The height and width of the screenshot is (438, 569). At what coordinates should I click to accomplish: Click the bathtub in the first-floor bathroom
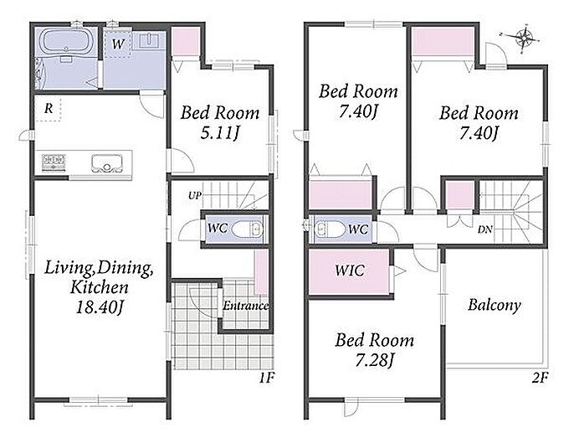(66, 42)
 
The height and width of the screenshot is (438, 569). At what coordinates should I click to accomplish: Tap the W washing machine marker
(118, 44)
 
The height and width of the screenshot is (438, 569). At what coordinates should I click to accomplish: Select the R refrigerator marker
(49, 108)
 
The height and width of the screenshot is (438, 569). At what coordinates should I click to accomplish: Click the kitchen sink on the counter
(106, 163)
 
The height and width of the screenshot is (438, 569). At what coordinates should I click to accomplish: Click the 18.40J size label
(100, 307)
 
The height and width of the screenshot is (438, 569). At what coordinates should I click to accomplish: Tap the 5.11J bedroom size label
(220, 133)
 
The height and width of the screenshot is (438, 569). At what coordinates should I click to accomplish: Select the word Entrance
(246, 306)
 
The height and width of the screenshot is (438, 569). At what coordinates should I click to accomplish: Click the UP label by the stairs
(194, 195)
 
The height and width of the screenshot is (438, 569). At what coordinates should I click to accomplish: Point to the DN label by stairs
(485, 229)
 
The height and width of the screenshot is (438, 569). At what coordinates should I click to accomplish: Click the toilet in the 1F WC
(247, 229)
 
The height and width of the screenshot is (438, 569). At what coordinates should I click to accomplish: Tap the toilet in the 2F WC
(330, 229)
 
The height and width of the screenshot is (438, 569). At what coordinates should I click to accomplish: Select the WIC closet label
(350, 271)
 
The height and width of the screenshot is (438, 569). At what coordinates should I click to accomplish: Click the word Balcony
(495, 305)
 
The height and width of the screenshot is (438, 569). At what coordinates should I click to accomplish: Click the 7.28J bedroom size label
(375, 361)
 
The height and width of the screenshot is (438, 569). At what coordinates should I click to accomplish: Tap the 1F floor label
(266, 378)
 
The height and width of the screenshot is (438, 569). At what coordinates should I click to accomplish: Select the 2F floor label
(540, 378)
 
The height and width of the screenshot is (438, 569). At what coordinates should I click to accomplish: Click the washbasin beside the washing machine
(148, 40)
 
